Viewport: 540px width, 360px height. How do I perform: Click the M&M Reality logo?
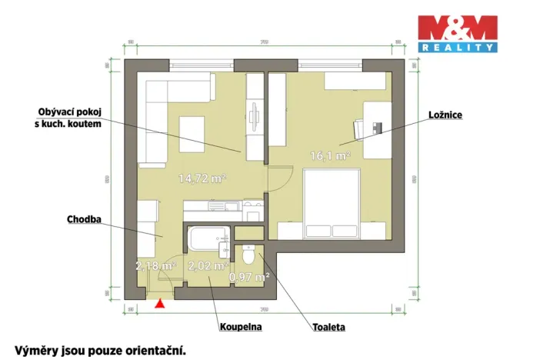tap(457, 33)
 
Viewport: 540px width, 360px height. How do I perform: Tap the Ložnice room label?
tap(445, 115)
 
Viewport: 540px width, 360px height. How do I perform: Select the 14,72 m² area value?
tap(202, 178)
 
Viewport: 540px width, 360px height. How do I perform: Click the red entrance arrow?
tap(159, 304)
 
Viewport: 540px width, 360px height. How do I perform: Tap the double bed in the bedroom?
tap(332, 202)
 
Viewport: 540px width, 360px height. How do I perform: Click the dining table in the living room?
tap(192, 134)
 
